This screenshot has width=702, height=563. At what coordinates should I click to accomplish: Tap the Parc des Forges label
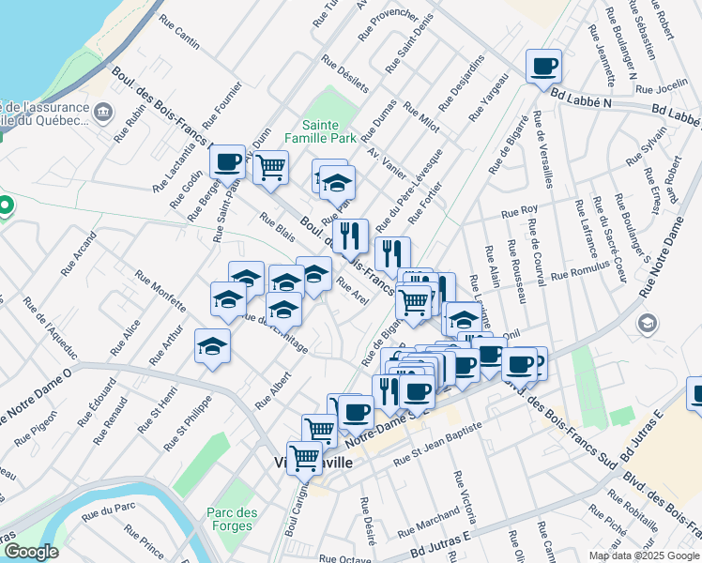point(230,519)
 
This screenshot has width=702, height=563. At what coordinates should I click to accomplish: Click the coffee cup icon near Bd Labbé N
point(543,68)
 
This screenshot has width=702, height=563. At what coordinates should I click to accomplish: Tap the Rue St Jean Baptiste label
point(438,443)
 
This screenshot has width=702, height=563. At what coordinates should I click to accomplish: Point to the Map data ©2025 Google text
point(644,555)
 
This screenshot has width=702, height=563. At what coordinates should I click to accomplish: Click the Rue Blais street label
point(277,226)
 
